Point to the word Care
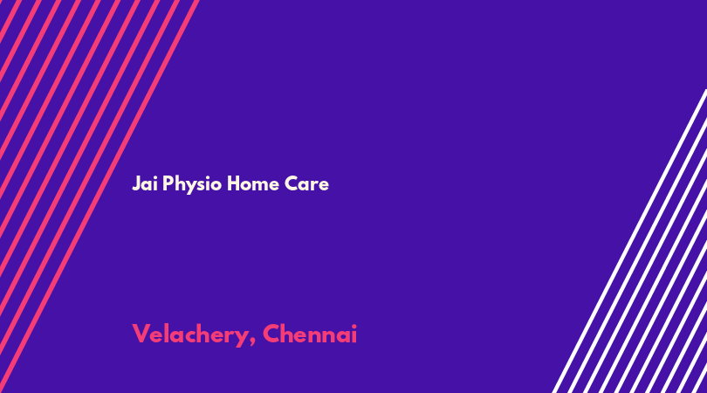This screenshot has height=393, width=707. pyautogui.click(x=306, y=183)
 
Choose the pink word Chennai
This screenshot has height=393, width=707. pyautogui.click(x=310, y=334)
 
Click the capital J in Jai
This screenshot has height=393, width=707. pyautogui.click(x=136, y=183)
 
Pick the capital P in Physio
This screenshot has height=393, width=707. pyautogui.click(x=168, y=183)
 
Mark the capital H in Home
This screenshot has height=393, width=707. pyautogui.click(x=233, y=183)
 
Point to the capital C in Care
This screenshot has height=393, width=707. pyautogui.click(x=292, y=183)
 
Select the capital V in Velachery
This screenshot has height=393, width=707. pyautogui.click(x=141, y=334)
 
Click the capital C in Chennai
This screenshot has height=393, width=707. pyautogui.click(x=271, y=334)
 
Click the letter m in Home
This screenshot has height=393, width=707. pyautogui.click(x=260, y=185)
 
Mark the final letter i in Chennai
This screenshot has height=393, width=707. pyautogui.click(x=354, y=334)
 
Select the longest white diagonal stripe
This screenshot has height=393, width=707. pyautogui.click(x=629, y=241)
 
